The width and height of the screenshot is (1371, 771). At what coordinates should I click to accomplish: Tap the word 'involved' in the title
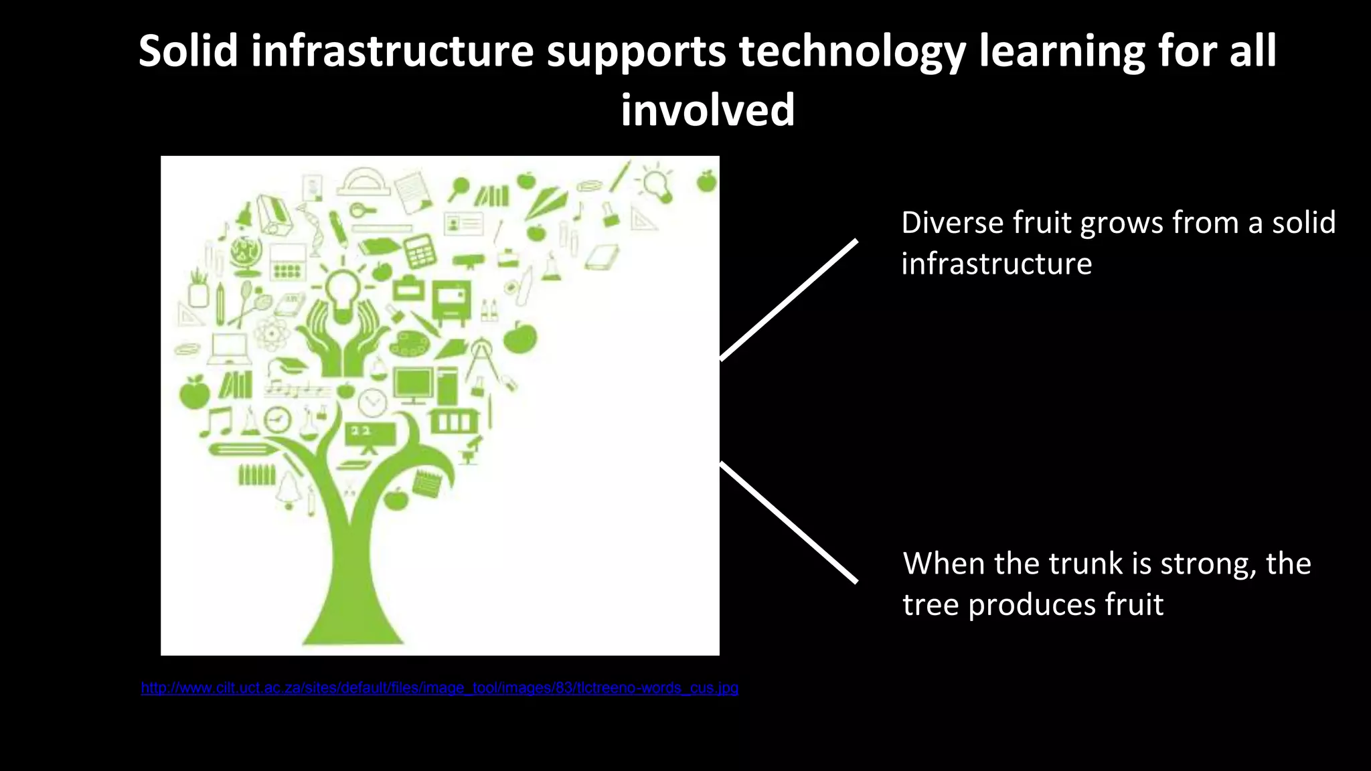708,110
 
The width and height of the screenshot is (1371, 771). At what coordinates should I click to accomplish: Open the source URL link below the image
439,688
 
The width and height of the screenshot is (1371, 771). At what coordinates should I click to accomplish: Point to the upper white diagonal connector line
789,300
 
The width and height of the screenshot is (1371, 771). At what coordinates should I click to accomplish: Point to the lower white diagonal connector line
789,522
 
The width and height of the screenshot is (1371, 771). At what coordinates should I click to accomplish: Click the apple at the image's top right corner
706,181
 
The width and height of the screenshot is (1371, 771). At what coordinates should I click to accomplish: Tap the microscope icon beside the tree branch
471,450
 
